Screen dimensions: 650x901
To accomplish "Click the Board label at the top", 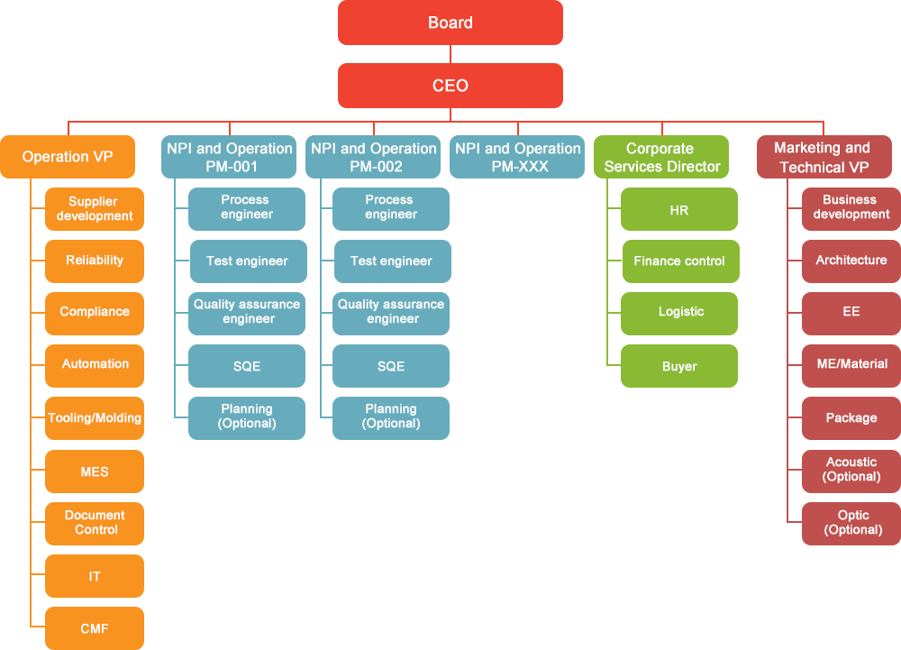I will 450,23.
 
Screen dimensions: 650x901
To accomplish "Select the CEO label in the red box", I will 450,86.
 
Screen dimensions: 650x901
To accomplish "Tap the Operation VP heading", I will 68,157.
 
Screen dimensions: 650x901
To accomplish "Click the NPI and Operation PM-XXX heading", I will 518,157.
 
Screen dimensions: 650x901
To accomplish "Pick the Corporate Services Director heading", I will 662,157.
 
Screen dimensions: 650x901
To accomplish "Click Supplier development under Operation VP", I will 95,208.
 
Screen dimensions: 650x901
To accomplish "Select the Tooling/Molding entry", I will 95,417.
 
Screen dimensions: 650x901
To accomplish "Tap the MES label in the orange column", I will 95,471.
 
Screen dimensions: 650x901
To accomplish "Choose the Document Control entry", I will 95,522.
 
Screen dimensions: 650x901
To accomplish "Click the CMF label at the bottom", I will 95,628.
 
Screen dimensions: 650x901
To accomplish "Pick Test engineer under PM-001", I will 247,261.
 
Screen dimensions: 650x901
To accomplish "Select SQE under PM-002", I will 391,366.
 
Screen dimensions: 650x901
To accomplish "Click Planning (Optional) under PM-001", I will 247,416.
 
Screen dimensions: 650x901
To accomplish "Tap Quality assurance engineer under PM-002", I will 391,311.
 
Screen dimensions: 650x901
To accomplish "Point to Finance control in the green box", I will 679,261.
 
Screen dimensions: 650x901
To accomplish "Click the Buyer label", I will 679,366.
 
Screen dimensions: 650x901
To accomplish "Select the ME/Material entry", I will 851,363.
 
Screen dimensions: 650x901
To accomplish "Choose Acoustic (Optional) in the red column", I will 851,469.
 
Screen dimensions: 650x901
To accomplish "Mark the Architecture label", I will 851,260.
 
